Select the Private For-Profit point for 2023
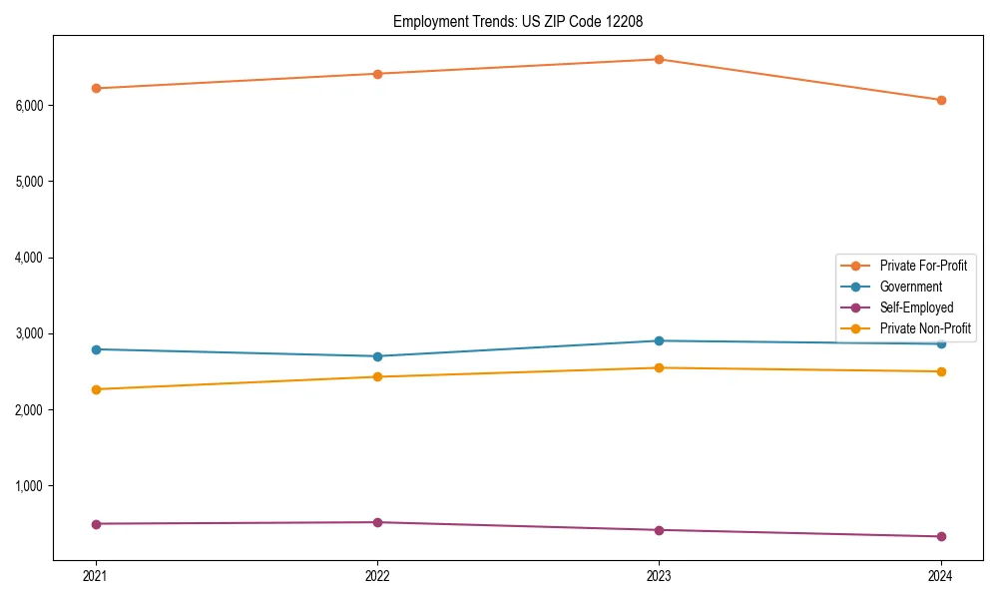[659, 59]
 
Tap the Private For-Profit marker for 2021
[96, 88]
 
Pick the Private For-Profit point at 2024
[940, 100]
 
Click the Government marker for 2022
[377, 356]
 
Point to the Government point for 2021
[96, 349]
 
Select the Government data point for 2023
[659, 340]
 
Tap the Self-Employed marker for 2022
[377, 522]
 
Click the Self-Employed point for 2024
[940, 536]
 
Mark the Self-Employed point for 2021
[96, 524]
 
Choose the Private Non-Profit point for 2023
[659, 367]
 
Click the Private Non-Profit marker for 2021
[96, 389]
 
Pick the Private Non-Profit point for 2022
[377, 376]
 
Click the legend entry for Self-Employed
[916, 307]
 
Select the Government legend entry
[910, 287]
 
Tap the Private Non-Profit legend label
[925, 328]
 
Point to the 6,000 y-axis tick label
[33, 105]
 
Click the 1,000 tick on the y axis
[33, 486]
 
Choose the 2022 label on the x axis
[377, 575]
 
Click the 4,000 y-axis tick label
[33, 258]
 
